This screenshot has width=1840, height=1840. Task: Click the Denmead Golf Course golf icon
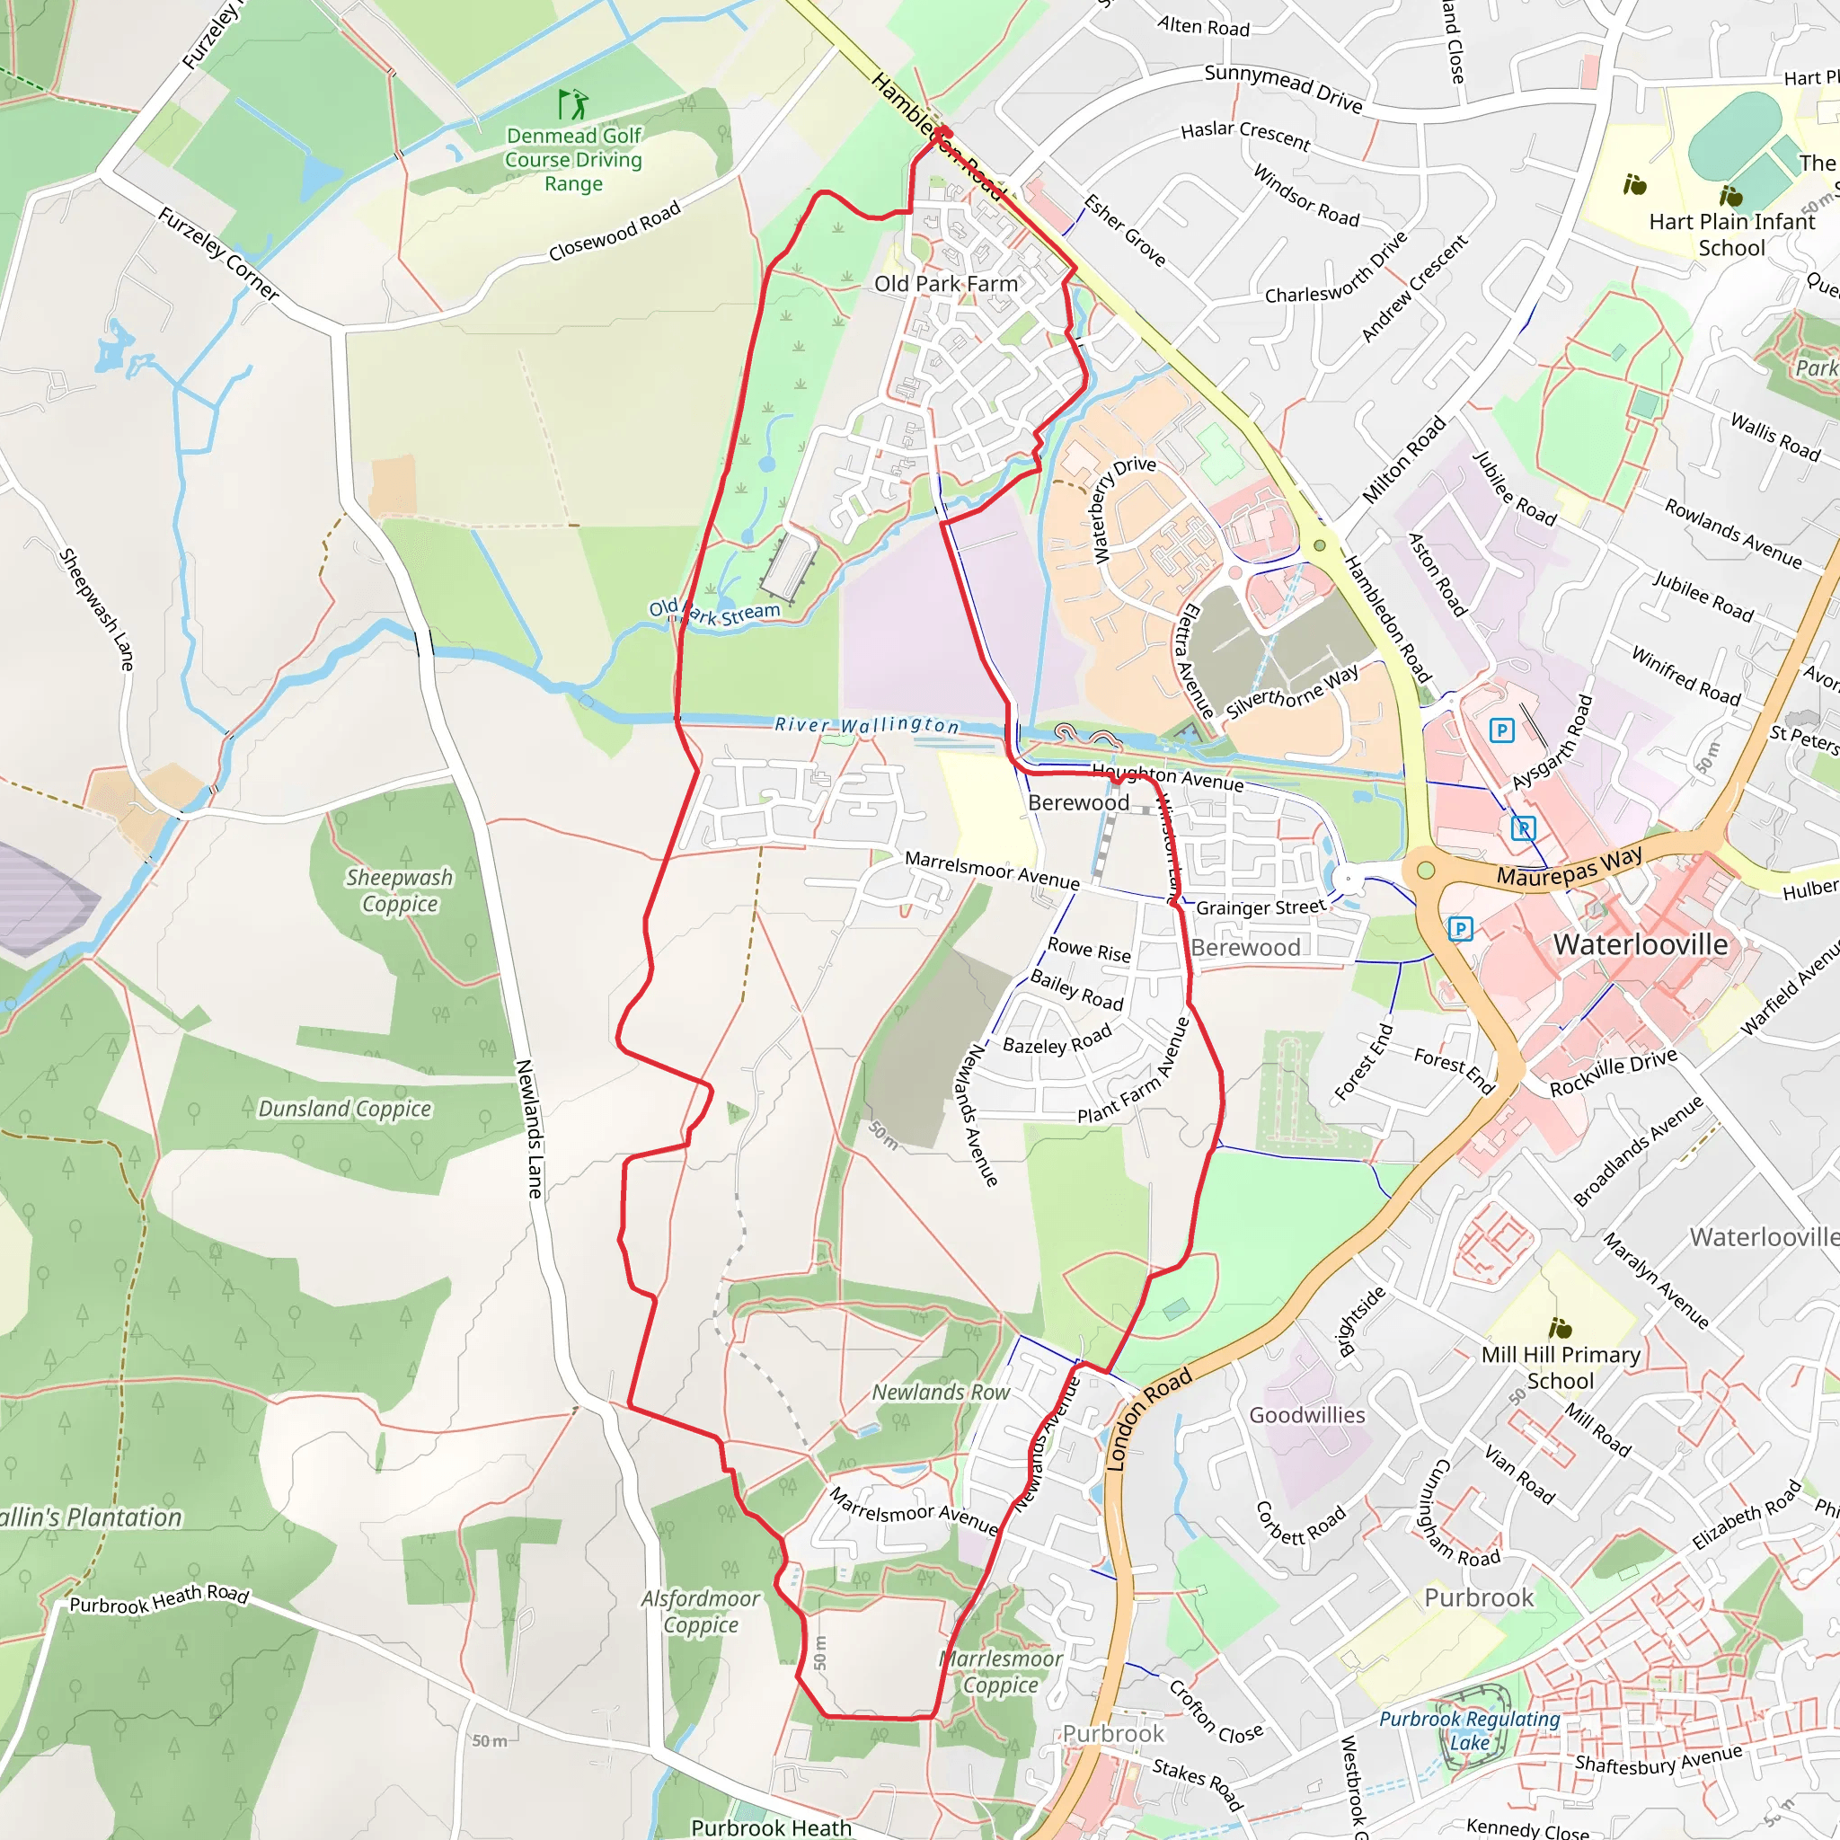573,102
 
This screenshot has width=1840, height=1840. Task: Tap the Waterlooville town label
1640,945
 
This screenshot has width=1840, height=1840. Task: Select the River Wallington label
867,725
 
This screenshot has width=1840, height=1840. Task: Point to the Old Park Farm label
946,284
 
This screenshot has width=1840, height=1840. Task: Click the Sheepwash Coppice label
399,890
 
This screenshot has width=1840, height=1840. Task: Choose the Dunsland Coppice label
345,1109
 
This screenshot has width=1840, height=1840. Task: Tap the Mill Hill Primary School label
1560,1367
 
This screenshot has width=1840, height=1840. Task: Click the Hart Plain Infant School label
1731,234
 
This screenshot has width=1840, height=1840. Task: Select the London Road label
1148,1419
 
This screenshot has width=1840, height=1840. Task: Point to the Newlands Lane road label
528,1128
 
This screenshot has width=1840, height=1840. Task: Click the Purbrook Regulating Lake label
1470,1730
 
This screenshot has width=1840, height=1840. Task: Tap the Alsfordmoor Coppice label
701,1612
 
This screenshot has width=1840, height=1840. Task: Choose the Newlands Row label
941,1393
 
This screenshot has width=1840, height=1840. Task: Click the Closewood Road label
615,231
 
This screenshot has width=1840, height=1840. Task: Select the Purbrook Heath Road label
159,1599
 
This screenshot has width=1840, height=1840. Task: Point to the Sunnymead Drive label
1283,88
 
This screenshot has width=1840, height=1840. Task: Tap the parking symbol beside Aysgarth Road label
1501,730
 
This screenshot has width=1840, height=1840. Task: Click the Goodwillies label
1306,1415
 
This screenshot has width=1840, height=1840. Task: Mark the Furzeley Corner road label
218,253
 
